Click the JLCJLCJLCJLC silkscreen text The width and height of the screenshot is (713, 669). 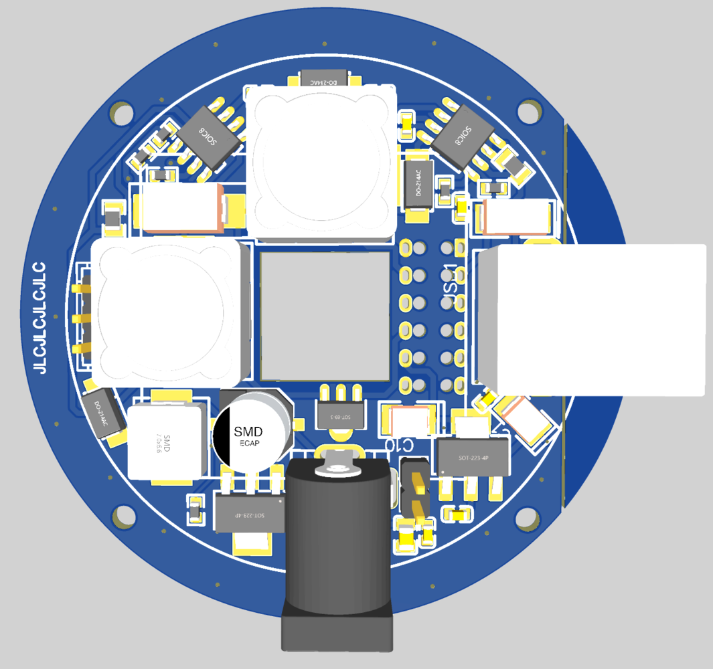(41, 317)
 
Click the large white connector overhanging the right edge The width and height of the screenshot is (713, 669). (592, 320)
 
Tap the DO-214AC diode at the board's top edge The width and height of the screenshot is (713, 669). (324, 79)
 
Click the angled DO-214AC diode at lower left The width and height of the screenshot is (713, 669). (104, 413)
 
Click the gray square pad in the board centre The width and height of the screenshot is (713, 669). (325, 316)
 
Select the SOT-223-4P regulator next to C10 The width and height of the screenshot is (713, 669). (473, 457)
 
